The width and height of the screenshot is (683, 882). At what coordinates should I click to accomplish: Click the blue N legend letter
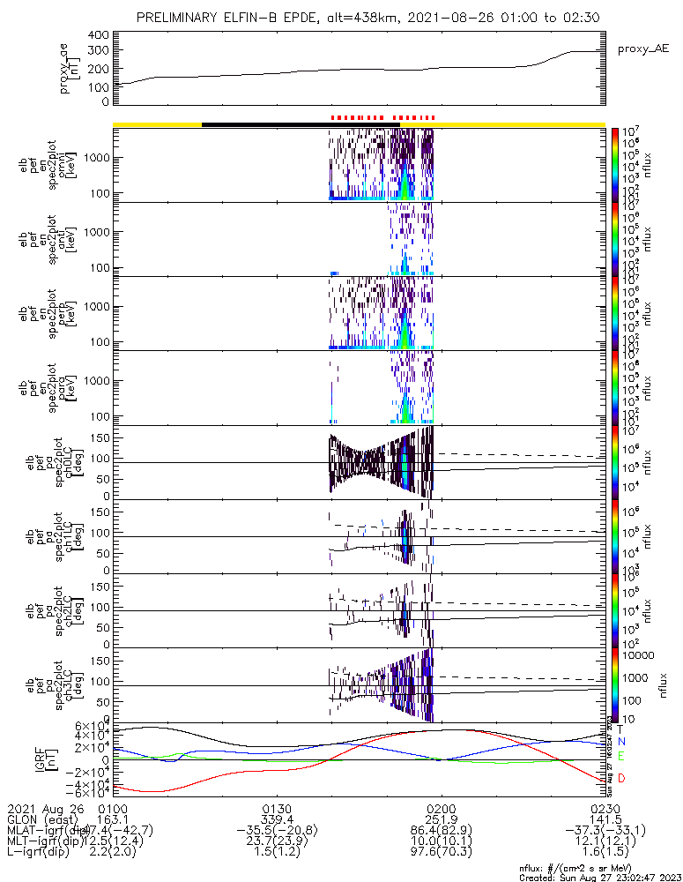(620, 743)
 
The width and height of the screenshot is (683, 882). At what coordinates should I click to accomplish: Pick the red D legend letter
(620, 778)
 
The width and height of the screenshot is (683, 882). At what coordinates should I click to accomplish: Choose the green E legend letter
(620, 756)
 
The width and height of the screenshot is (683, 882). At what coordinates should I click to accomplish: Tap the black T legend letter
(620, 729)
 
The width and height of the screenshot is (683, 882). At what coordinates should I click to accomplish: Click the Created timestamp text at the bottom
(596, 877)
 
